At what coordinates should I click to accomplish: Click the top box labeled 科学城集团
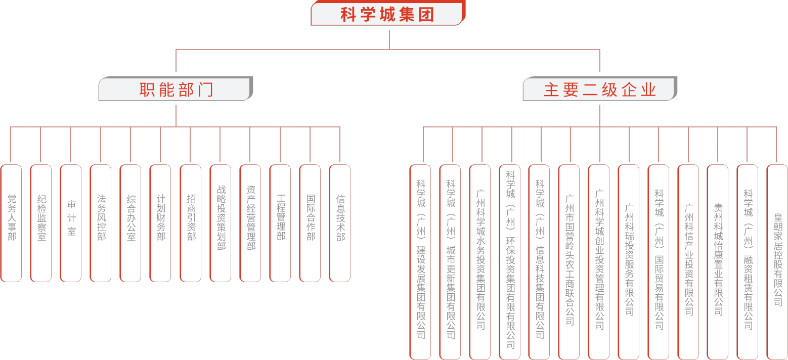(388, 13)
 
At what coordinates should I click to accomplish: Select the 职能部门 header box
(176, 88)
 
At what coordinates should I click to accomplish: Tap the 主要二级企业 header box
(600, 88)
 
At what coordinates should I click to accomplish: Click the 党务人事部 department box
(11, 223)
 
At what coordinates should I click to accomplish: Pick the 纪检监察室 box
(41, 223)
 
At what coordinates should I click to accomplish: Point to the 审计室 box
(71, 223)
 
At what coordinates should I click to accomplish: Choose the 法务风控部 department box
(101, 223)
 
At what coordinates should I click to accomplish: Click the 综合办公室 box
(130, 223)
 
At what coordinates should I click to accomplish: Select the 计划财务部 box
(160, 223)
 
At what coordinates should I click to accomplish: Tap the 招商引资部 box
(191, 223)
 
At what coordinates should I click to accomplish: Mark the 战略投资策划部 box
(221, 223)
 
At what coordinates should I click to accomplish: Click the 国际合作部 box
(310, 223)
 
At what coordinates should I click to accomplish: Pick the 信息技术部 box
(340, 223)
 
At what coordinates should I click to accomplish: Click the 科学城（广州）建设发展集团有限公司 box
(420, 262)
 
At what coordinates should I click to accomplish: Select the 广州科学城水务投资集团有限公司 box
(480, 262)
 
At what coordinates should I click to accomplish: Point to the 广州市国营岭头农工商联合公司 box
(569, 262)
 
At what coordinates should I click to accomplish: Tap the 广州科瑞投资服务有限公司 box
(629, 262)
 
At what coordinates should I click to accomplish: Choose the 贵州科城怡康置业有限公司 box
(718, 262)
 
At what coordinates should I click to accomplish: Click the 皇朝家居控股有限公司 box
(777, 262)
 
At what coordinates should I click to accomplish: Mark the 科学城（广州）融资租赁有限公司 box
(748, 262)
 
